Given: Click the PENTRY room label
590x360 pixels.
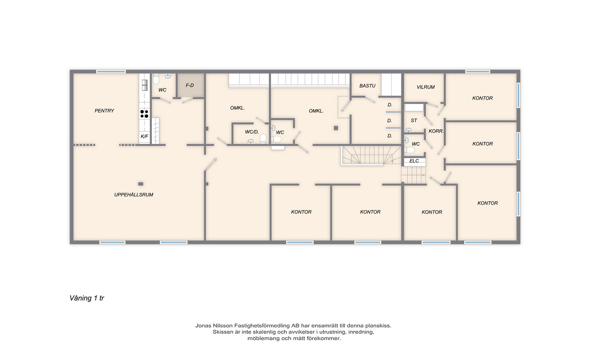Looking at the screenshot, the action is (104, 111).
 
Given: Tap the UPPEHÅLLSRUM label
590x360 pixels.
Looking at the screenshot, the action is (134, 195).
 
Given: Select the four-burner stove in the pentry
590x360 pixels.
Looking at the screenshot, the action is (144, 114).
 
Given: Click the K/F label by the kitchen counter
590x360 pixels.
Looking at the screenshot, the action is (144, 136).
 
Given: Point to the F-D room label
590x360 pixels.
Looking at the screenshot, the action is (190, 85).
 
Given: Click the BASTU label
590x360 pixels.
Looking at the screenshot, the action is (368, 86).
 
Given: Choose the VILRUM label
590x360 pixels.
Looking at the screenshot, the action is (426, 87).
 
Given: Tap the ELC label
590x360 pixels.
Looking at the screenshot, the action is (414, 161).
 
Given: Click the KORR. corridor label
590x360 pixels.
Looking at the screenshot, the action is (436, 131).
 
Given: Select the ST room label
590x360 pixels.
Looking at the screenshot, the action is (414, 120).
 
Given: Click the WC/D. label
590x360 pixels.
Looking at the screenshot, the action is (252, 132).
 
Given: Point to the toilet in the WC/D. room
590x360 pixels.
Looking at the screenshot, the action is (263, 139).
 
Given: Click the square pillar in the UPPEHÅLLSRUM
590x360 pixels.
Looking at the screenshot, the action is (141, 184).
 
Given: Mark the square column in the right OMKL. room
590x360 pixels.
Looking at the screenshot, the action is (336, 128).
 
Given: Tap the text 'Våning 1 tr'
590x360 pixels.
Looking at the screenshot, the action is (87, 298).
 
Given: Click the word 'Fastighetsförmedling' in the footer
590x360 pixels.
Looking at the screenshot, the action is (261, 326).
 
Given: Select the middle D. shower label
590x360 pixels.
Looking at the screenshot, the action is (390, 121).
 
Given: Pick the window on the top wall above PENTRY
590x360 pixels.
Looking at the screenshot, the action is (111, 72).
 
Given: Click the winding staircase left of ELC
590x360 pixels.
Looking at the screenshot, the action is (371, 155).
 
